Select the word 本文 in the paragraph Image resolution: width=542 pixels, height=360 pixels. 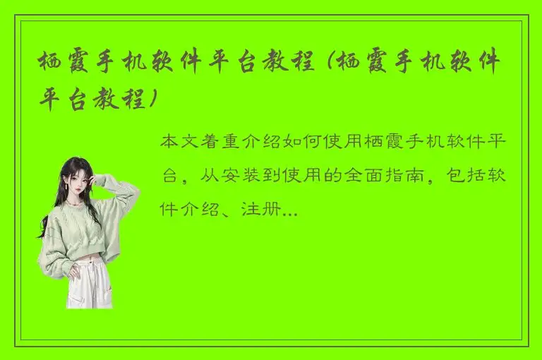pos(179,143)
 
